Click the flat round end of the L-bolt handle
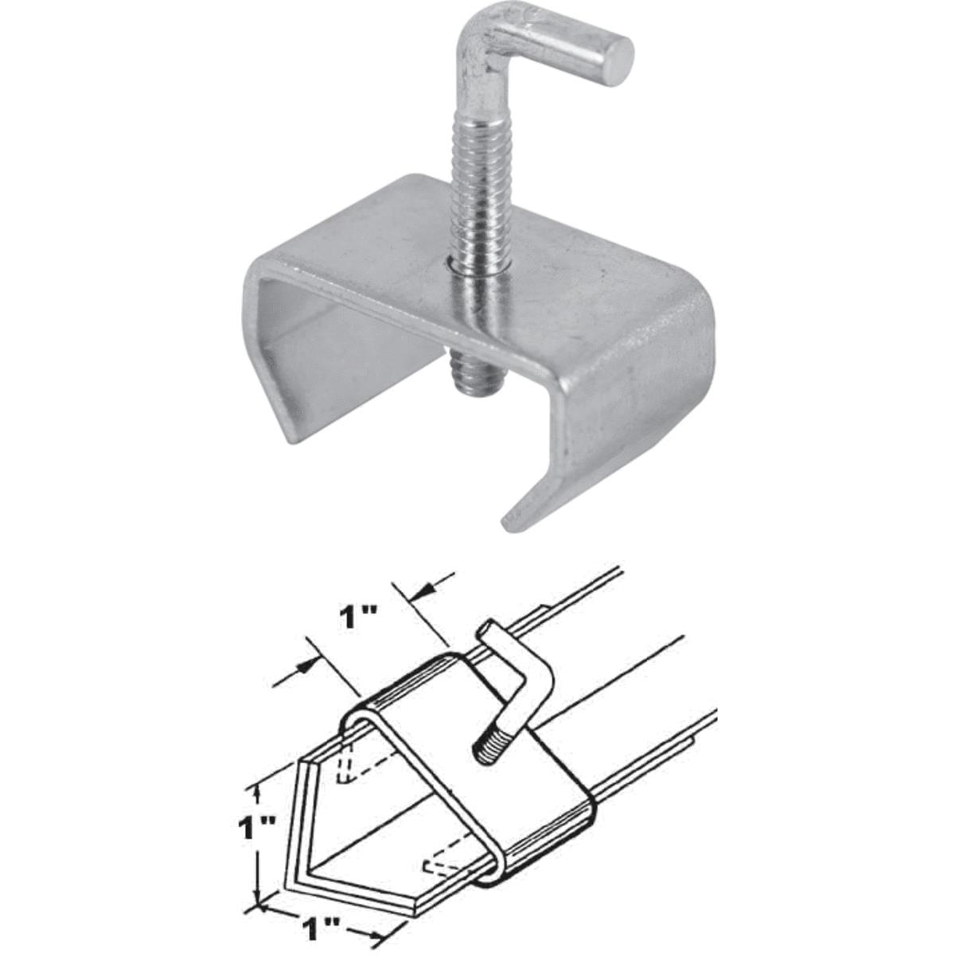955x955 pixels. point(619,56)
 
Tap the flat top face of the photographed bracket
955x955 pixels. point(557,263)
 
